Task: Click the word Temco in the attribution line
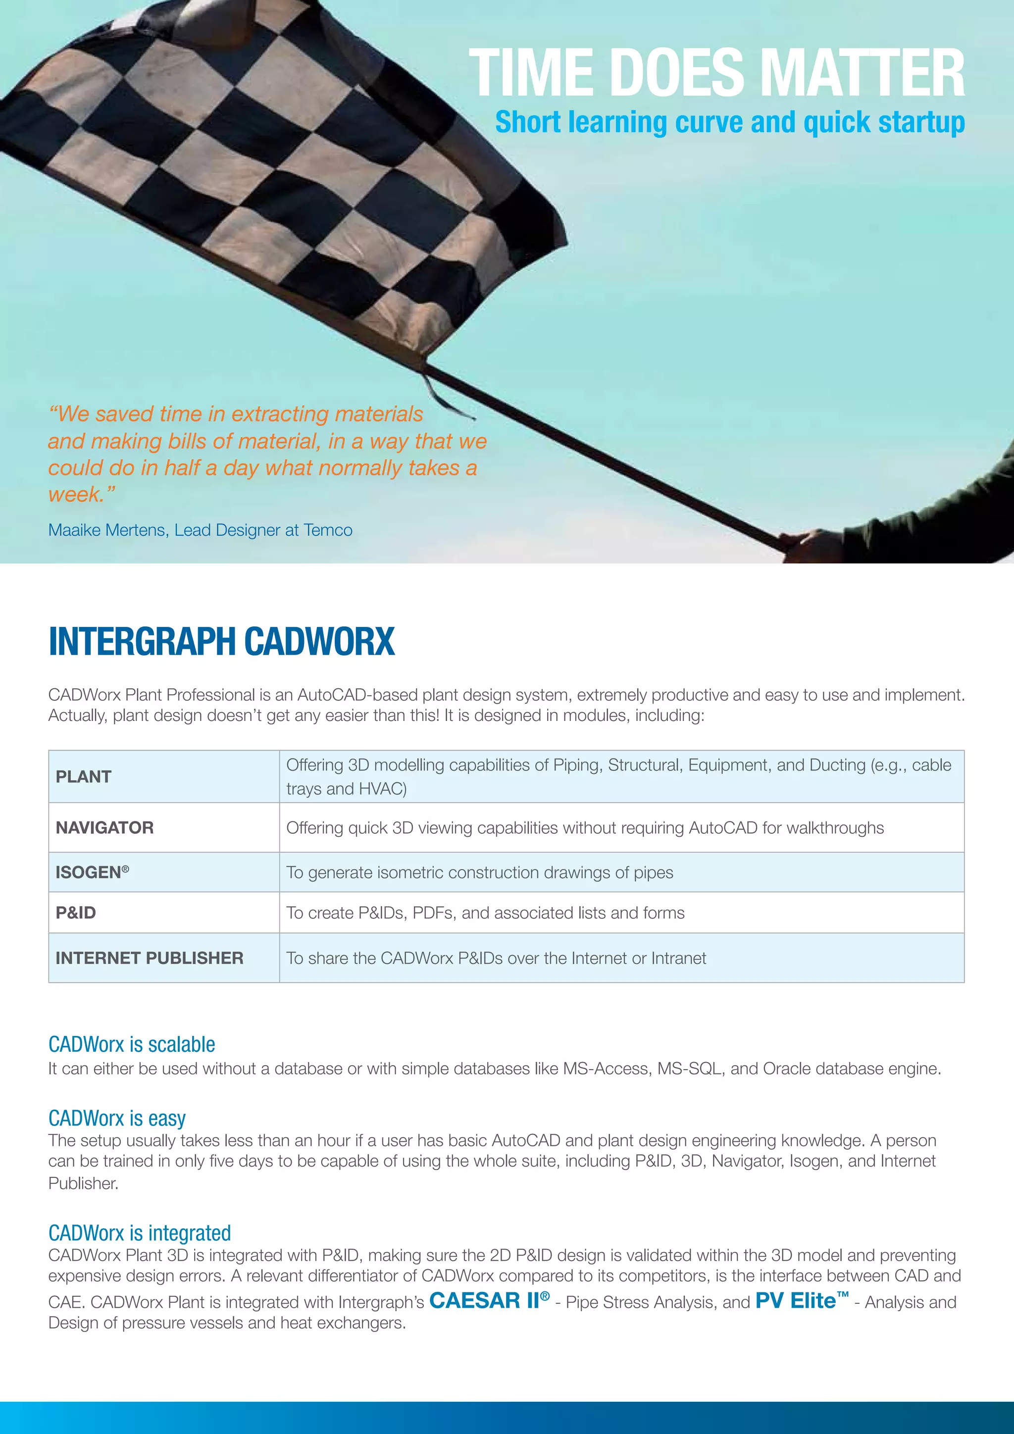tap(328, 530)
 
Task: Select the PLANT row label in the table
tap(84, 776)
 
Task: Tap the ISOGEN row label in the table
tap(92, 872)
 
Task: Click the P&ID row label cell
tap(76, 913)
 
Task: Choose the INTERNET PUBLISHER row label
tap(149, 958)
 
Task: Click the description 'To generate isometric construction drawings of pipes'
tap(480, 872)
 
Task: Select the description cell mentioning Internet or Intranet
tap(496, 958)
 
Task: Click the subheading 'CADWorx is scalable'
tap(132, 1045)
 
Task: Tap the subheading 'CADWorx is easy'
tap(117, 1118)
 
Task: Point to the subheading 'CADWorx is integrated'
tap(139, 1233)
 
